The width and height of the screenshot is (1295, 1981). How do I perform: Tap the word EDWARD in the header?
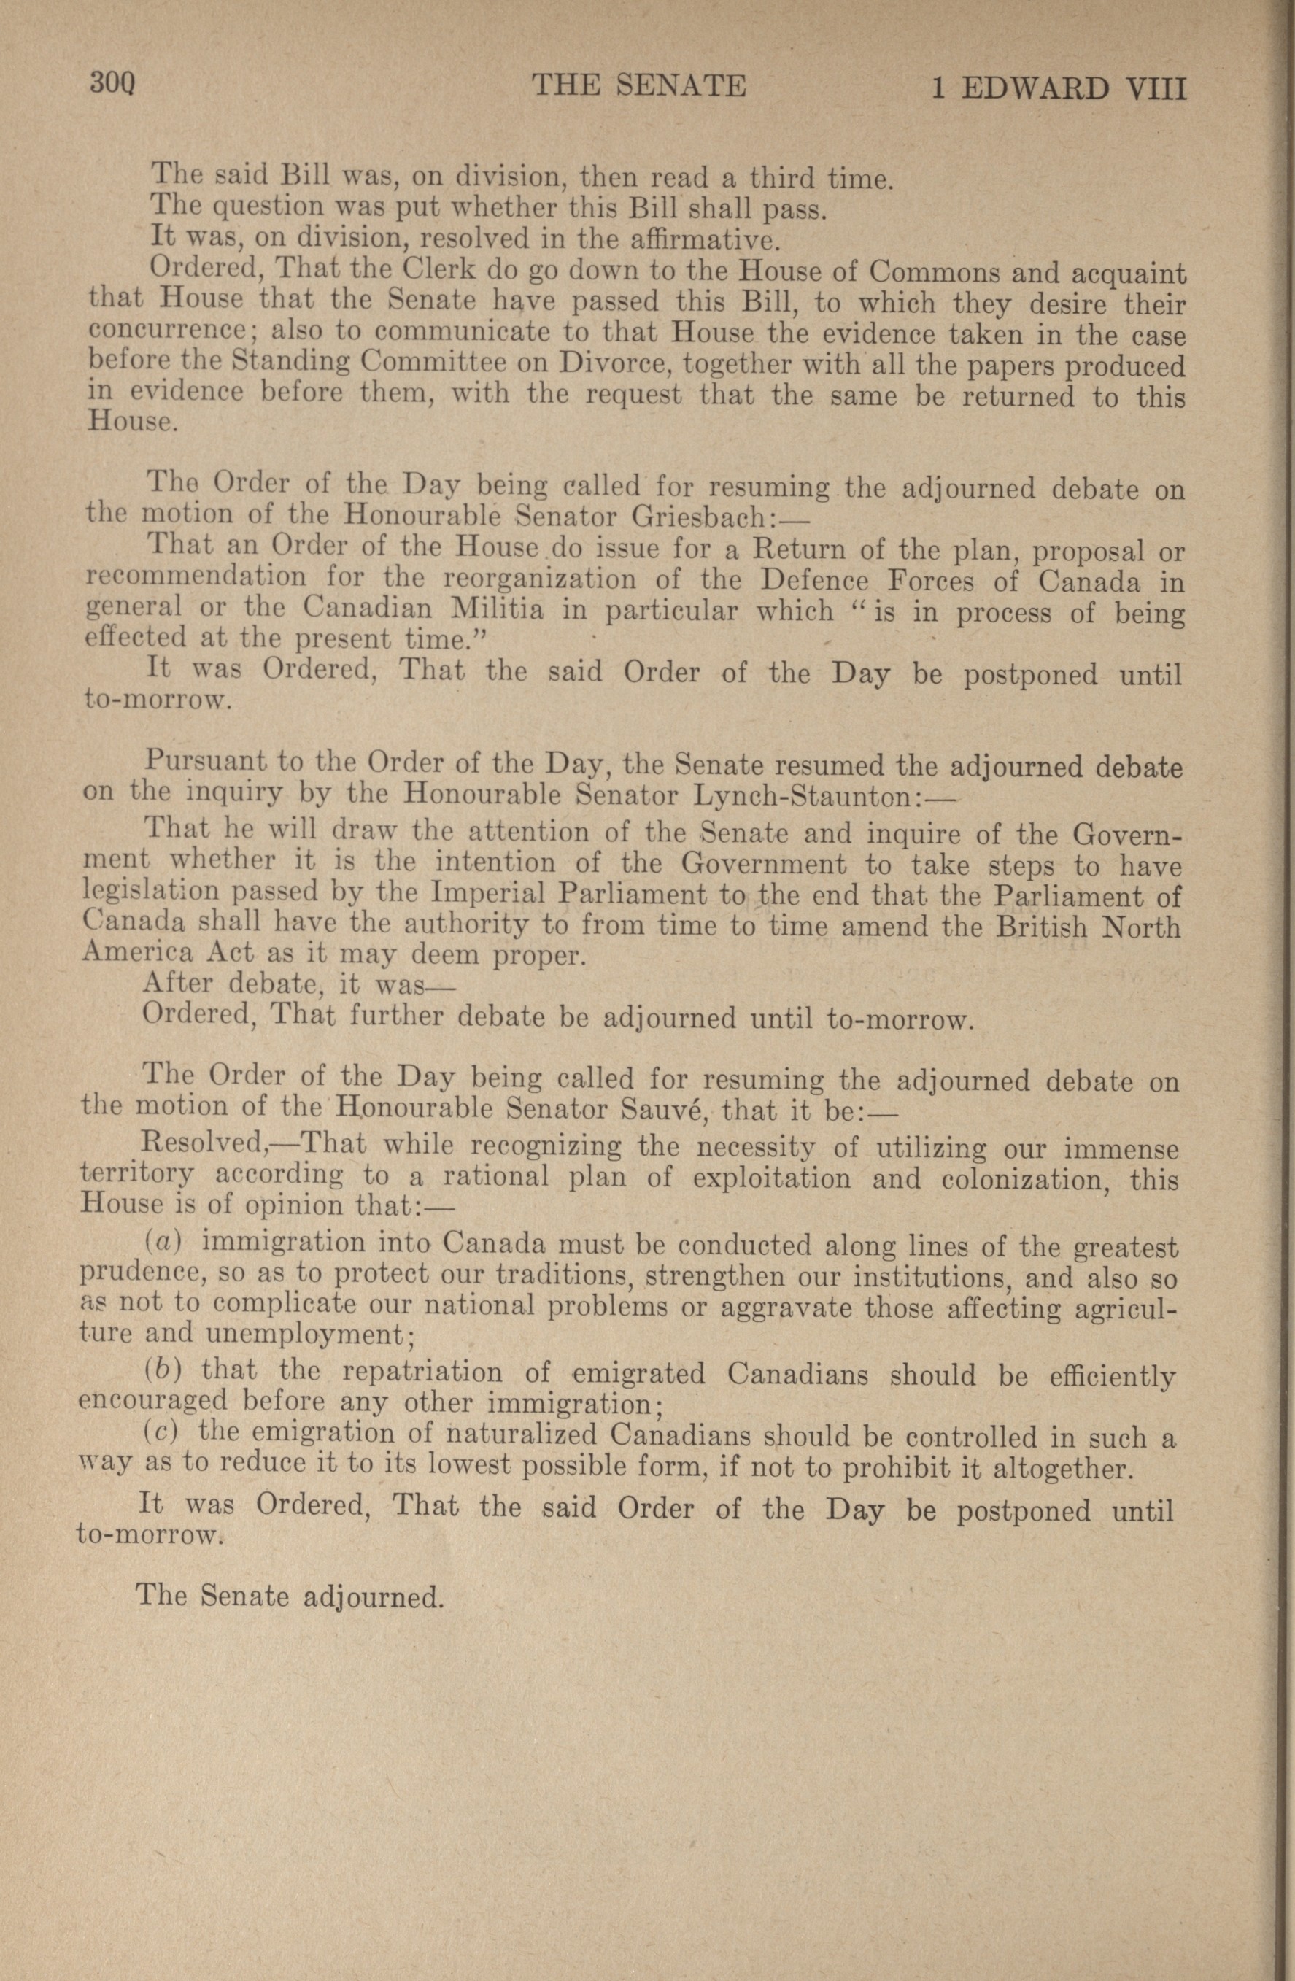click(x=1034, y=89)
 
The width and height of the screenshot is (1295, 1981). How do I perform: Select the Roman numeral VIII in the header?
click(x=1155, y=89)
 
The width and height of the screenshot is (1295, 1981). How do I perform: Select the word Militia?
click(x=496, y=609)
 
